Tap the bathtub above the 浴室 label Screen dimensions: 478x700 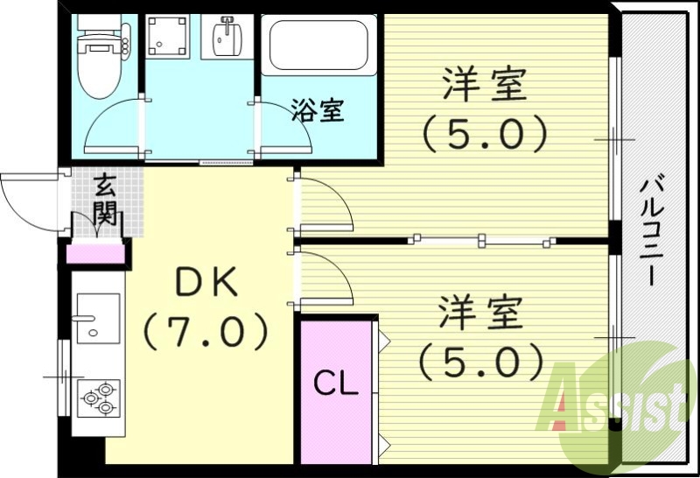tap(320, 46)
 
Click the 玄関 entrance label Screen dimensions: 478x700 tap(106, 200)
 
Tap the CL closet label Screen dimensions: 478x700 tap(336, 383)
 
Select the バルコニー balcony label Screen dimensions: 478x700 tap(654, 229)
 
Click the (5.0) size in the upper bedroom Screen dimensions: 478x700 tap(484, 134)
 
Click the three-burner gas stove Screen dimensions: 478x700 tap(98, 397)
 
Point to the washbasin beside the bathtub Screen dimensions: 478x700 tap(229, 35)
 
